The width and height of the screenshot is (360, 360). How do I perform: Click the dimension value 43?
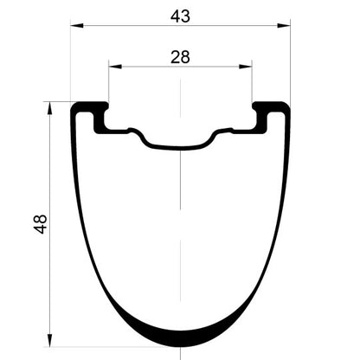coord(180,16)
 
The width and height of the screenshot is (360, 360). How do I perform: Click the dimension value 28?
coord(180,57)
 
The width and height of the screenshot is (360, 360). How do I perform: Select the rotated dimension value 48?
coord(41,224)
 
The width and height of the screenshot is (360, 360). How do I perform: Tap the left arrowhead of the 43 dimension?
coord(77,26)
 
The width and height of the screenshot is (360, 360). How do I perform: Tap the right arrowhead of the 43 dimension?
coord(284,26)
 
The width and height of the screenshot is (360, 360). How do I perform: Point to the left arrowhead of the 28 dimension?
coord(115,67)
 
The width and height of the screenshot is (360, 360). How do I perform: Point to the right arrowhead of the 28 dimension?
coord(246,67)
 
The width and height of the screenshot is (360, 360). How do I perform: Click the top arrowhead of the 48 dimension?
coord(50,108)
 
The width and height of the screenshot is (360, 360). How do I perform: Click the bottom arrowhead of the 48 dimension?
coord(50,341)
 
